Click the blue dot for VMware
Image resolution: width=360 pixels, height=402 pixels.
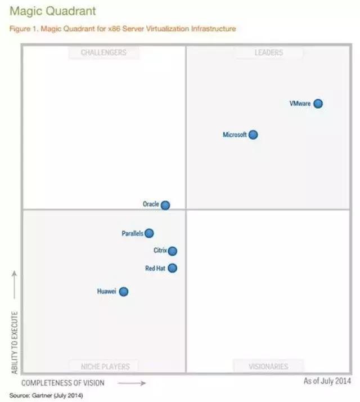point(318,104)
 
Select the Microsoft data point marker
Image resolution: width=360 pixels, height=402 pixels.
point(253,135)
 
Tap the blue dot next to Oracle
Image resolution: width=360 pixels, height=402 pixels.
point(165,205)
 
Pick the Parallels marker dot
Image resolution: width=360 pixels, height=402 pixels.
point(149,233)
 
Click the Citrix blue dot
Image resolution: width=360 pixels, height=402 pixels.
point(173,251)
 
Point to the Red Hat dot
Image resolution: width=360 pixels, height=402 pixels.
point(173,269)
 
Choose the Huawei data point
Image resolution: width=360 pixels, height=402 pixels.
point(124,292)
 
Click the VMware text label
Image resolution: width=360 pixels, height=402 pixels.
point(300,104)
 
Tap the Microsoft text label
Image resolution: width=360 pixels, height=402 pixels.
point(235,135)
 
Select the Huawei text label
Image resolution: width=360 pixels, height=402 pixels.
point(106,292)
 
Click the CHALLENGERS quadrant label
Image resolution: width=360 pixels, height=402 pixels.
point(103,53)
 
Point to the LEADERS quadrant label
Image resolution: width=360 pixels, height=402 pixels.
point(268,53)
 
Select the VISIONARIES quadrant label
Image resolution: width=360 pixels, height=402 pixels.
point(268,367)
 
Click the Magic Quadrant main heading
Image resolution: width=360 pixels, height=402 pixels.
point(44,11)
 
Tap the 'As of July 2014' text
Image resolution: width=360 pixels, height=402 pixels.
point(327,381)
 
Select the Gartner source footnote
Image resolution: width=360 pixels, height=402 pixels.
point(46,395)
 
